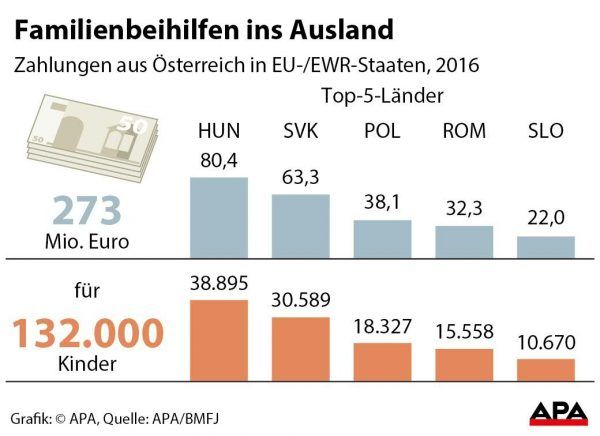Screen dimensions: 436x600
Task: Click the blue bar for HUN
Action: pyautogui.click(x=218, y=218)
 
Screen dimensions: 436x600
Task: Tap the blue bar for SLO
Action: pyautogui.click(x=545, y=248)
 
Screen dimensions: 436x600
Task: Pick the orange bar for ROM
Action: pyautogui.click(x=464, y=365)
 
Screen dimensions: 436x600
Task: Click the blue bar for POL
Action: pyautogui.click(x=382, y=238)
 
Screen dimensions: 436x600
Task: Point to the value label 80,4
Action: pyautogui.click(x=218, y=160)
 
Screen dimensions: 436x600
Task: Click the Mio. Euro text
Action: pyautogui.click(x=87, y=241)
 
